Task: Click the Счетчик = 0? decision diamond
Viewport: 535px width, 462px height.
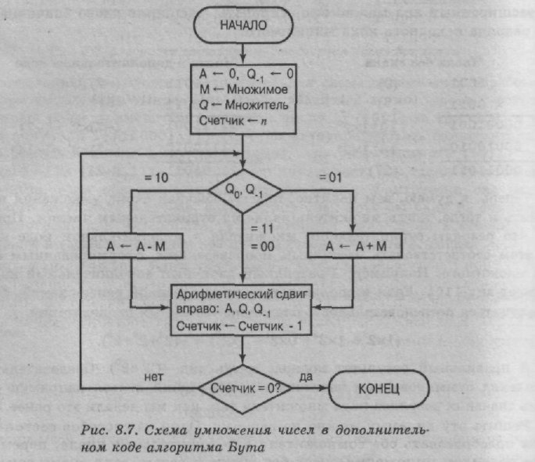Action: (x=246, y=387)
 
